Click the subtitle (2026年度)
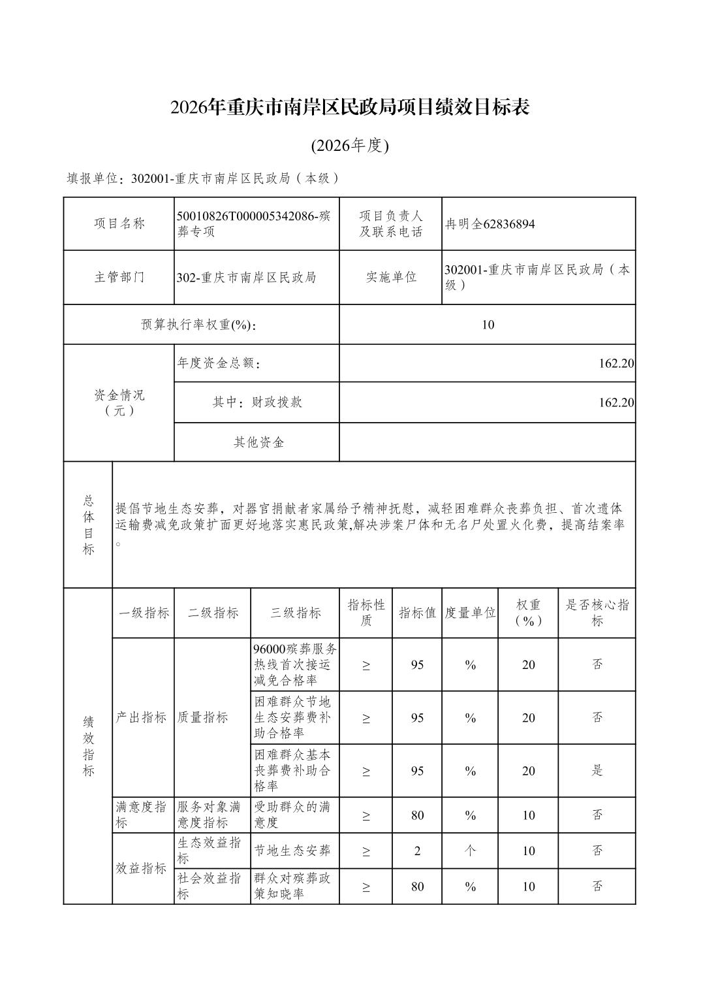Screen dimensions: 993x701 pyautogui.click(x=350, y=146)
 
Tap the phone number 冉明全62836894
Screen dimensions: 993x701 pyautogui.click(x=490, y=224)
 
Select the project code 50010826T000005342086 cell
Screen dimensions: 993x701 pyautogui.click(x=256, y=223)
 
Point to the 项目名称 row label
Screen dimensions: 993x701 pyautogui.click(x=119, y=223)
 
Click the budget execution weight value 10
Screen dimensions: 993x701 pyautogui.click(x=488, y=324)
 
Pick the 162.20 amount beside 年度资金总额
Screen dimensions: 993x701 pyautogui.click(x=616, y=363)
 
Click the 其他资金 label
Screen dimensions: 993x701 pyautogui.click(x=258, y=442)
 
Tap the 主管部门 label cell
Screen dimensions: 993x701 pyautogui.click(x=119, y=277)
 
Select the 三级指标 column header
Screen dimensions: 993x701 pyautogui.click(x=295, y=613)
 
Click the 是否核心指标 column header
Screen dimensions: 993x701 pyautogui.click(x=597, y=613)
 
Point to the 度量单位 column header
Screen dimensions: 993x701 pyautogui.click(x=470, y=613)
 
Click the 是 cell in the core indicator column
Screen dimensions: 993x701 pyautogui.click(x=597, y=771)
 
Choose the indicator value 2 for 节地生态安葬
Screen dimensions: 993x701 pyautogui.click(x=417, y=851)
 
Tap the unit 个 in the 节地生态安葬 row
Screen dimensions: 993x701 pyautogui.click(x=470, y=851)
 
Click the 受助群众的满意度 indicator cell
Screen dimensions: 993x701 pyautogui.click(x=294, y=815)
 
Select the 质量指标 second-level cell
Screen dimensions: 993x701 pyautogui.click(x=203, y=717)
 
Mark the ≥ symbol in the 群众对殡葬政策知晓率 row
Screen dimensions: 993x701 pyautogui.click(x=366, y=887)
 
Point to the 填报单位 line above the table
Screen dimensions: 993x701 pyautogui.click(x=204, y=178)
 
